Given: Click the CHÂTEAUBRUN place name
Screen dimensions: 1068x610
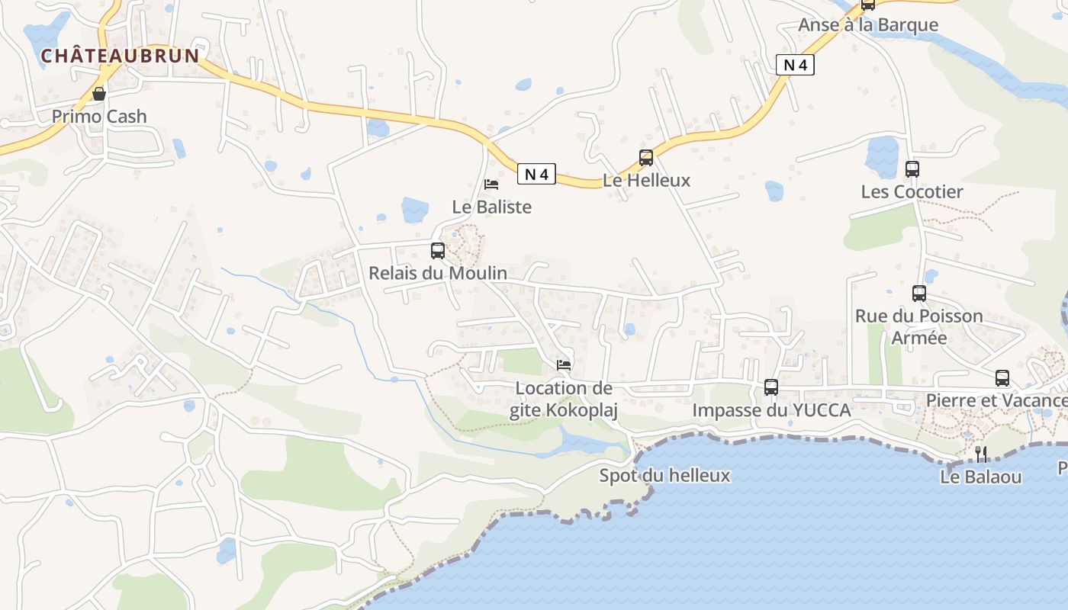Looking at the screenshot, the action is coord(120,56).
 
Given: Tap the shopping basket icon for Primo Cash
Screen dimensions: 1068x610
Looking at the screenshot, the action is coord(99,94).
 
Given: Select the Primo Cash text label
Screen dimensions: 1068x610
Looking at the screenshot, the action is coord(99,117).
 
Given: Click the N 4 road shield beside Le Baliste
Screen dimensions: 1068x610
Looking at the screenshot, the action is coord(537,174).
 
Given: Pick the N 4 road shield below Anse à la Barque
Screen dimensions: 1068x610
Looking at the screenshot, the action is coord(795,65).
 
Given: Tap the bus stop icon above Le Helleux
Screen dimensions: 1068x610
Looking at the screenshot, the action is coord(646,158).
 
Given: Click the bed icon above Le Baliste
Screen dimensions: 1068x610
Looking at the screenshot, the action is coord(491,185).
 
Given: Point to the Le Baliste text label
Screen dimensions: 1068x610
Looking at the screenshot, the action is coord(492,207).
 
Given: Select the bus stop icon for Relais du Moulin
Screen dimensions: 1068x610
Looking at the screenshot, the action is coord(438,250).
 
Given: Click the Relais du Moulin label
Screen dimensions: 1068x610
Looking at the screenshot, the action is coord(438,272).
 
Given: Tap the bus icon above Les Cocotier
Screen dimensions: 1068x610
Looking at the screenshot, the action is coord(912,169).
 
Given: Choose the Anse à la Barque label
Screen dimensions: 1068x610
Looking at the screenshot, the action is coord(868,25).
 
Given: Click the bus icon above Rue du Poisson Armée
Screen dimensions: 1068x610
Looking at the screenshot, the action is coord(919,293).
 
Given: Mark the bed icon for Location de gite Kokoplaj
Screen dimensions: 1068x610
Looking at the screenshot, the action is coord(564,365).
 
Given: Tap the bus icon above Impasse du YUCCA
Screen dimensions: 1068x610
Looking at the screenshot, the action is coord(771,387).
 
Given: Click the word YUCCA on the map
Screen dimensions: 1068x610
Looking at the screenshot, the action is coord(822,410).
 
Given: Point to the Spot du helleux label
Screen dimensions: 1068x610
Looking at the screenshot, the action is coord(664,476).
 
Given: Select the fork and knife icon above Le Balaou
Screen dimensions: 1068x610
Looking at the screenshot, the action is coord(981,454).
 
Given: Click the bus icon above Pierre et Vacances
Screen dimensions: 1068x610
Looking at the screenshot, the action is coord(1002,377).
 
